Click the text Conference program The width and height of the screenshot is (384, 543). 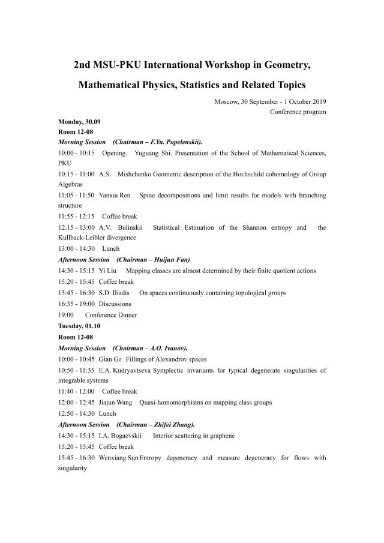(x=298, y=112)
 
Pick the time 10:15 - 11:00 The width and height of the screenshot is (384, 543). (x=76, y=174)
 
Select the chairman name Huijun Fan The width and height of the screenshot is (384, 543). (x=170, y=260)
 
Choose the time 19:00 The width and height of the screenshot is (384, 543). (x=66, y=315)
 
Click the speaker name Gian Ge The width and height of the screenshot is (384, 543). (x=110, y=359)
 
